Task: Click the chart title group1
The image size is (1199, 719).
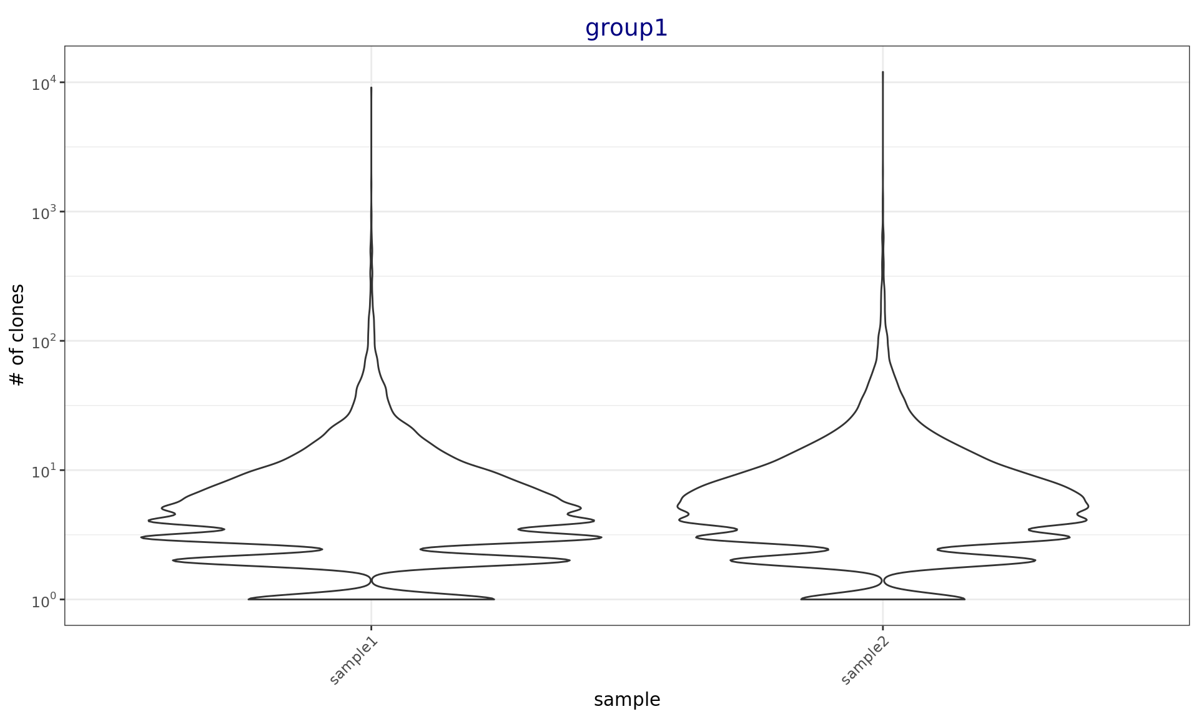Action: point(626,29)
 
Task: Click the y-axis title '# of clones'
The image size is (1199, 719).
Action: point(18,335)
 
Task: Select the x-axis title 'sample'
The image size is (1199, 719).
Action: point(626,700)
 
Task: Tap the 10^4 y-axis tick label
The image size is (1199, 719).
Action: point(44,84)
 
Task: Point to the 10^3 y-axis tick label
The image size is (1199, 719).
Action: point(44,213)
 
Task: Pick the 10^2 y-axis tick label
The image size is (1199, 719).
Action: point(44,342)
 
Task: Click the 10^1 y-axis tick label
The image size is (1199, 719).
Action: point(44,471)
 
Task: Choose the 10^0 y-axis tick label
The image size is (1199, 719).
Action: point(44,600)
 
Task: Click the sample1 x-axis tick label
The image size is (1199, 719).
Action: point(354,662)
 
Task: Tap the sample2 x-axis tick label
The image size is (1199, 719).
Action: point(866,662)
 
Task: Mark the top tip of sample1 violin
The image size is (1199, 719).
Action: point(371,87)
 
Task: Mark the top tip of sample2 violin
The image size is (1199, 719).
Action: point(882,72)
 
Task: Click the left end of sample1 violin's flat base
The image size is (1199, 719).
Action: point(249,599)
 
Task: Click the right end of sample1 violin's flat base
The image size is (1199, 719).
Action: point(494,599)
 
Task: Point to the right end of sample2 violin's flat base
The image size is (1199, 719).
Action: point(964,599)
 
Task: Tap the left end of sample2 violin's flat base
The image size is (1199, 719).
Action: point(801,599)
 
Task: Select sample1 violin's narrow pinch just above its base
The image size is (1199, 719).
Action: point(372,580)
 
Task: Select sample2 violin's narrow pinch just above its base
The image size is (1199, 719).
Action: point(882,580)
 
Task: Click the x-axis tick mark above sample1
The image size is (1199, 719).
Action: point(371,628)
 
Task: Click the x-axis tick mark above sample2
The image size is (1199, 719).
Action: point(882,628)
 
